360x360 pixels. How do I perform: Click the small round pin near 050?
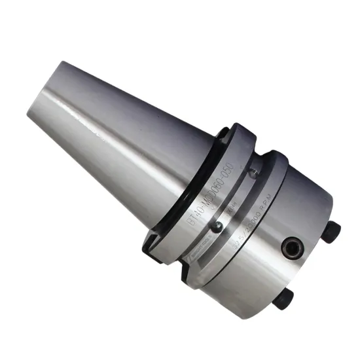252,173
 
